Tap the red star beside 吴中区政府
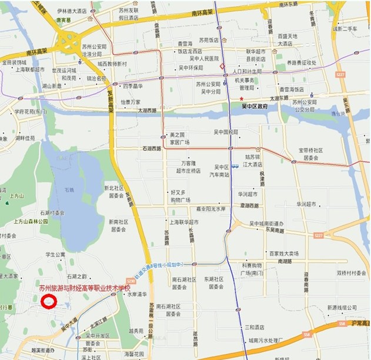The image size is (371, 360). [x=240, y=98]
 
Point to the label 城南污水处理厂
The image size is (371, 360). [x=266, y=339]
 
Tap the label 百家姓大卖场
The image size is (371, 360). [x=284, y=254]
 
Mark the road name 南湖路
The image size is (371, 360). [x=285, y=261]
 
